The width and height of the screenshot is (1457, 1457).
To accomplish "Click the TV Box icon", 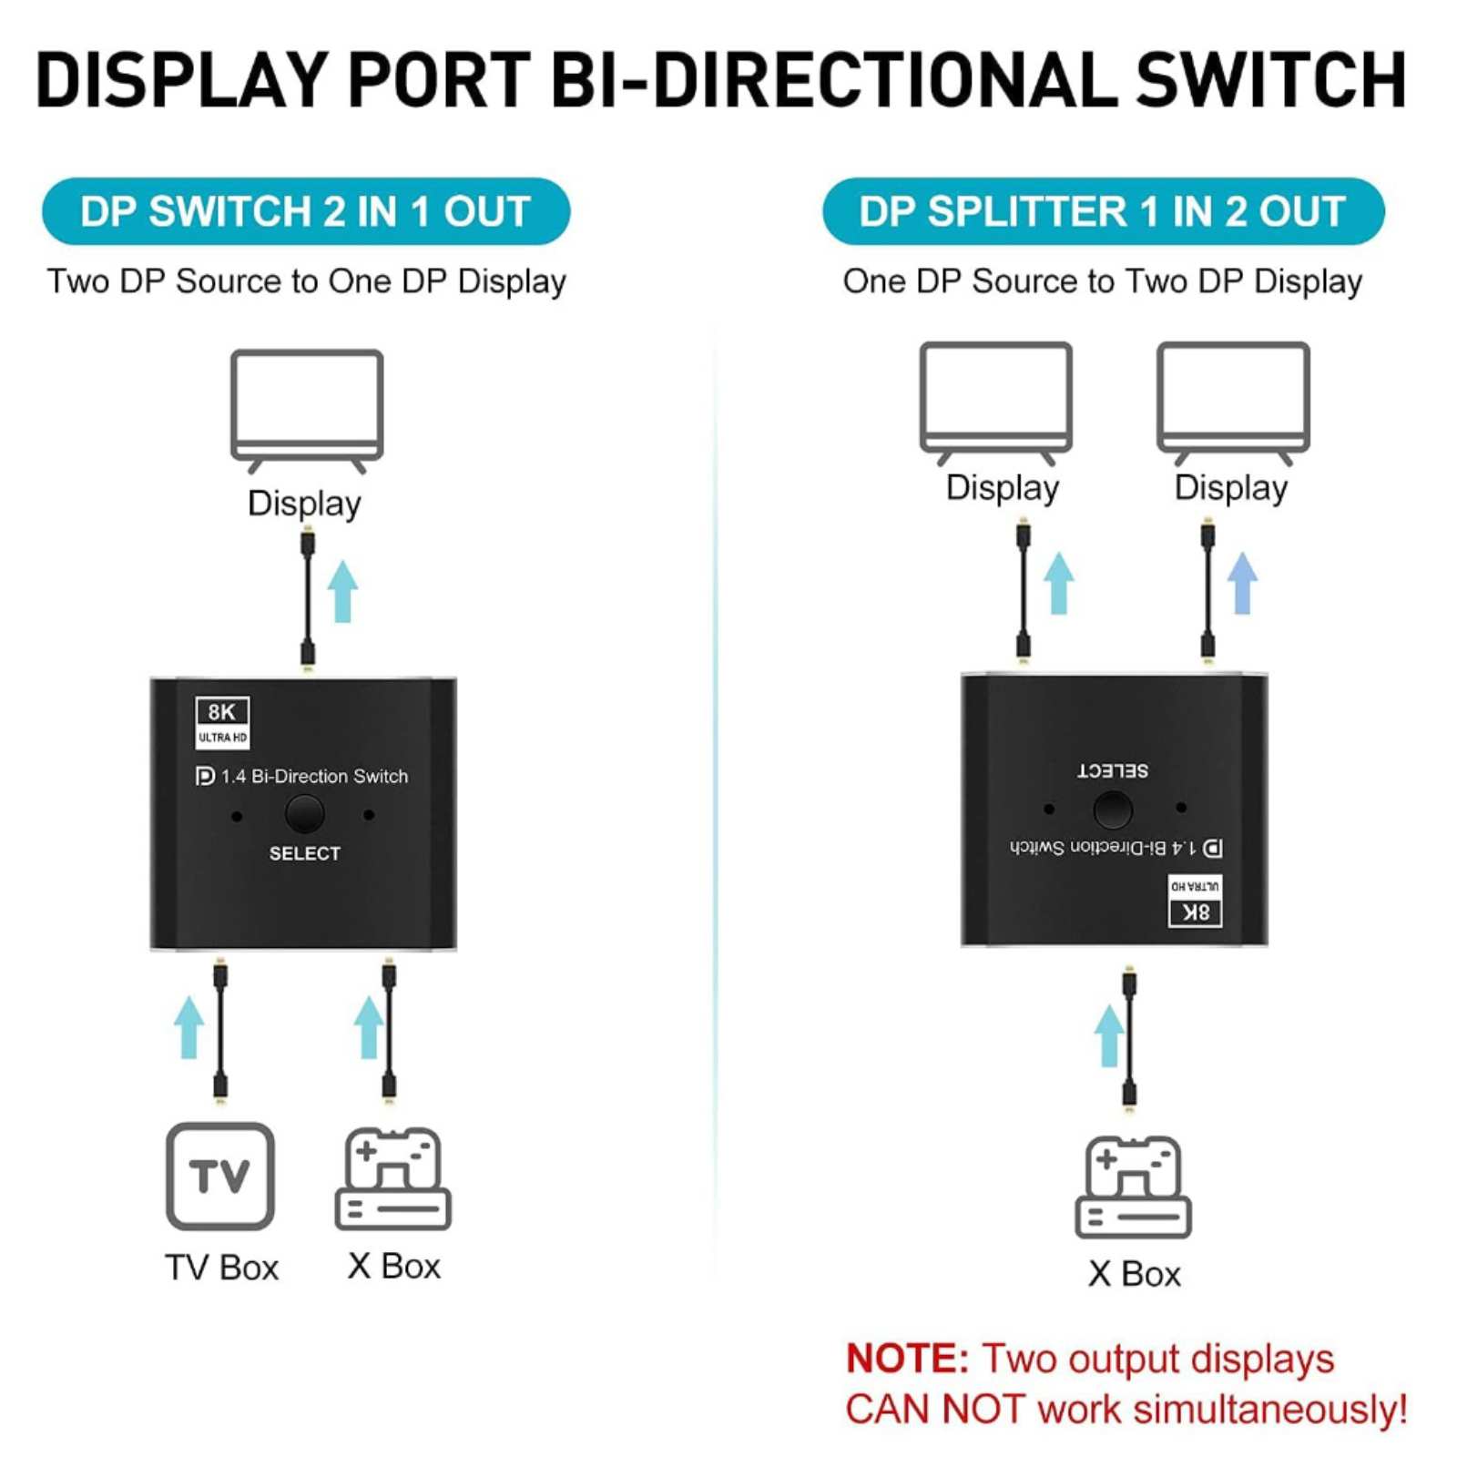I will [219, 1176].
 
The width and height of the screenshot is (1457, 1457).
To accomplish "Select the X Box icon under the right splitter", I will [1133, 1187].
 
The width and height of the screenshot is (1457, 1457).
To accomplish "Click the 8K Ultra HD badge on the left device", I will [222, 722].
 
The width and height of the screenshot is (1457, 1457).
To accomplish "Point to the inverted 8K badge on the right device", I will [1195, 902].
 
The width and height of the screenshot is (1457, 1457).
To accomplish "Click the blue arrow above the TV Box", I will [189, 1026].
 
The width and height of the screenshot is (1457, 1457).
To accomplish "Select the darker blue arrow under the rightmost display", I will [1242, 583].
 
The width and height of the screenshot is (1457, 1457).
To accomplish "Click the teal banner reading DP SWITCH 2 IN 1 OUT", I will [306, 211].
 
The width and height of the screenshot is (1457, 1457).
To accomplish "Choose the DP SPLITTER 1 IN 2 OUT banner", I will [1103, 211].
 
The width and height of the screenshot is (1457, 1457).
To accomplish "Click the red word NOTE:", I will [907, 1359].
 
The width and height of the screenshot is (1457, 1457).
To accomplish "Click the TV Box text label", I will [221, 1267].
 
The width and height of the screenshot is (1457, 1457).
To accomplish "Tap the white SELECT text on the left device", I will [304, 853].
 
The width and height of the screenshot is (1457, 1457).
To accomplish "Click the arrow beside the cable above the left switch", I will [342, 591].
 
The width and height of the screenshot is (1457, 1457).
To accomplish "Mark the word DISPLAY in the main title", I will [182, 80].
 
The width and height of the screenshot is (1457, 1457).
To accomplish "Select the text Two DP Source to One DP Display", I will [306, 281].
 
